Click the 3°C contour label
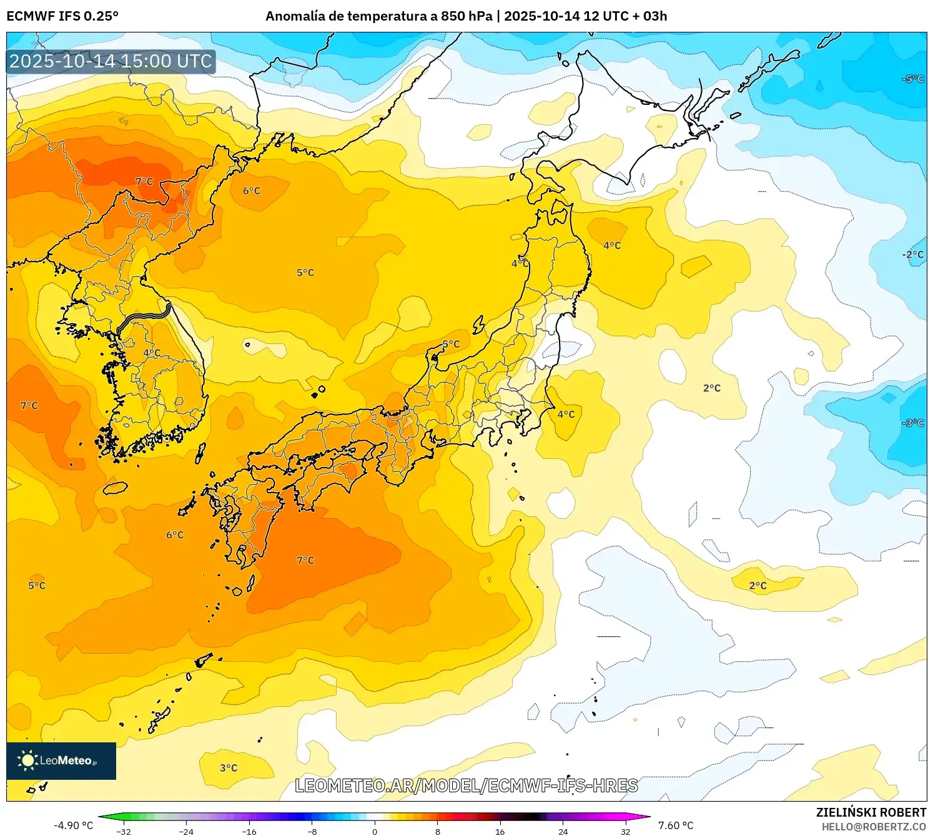point(229,768)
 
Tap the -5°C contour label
point(913,79)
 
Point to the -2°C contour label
point(913,255)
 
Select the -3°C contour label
point(913,423)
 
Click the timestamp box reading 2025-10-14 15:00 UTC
point(111,61)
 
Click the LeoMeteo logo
point(61,760)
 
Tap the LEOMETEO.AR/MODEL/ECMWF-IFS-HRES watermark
point(466,785)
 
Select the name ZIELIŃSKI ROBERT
point(871,812)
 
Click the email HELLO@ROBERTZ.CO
point(874,827)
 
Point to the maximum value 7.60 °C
point(676,825)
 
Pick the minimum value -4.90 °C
point(73,825)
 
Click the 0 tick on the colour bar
point(375,832)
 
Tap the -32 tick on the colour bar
point(124,832)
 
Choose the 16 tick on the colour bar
point(500,832)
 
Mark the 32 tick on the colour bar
point(626,832)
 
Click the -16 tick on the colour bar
point(249,832)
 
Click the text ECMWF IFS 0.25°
point(62,16)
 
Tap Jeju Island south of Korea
point(115,488)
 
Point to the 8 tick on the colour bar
point(438,832)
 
